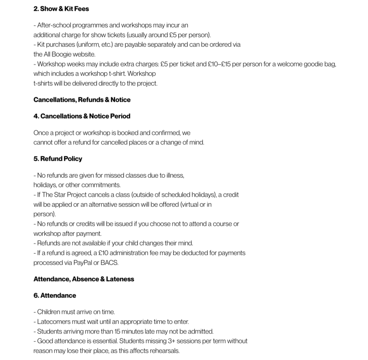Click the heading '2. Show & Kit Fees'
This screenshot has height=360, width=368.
tap(61, 9)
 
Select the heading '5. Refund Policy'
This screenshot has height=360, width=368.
tap(57, 159)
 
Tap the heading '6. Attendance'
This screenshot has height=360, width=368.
tap(55, 295)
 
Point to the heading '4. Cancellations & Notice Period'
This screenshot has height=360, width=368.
tap(82, 116)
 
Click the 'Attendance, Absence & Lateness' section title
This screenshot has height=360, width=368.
tap(84, 279)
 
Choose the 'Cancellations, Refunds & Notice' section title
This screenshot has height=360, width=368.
tap(82, 100)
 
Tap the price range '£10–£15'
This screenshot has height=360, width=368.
tap(219, 64)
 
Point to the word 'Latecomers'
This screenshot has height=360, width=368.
tap(53, 322)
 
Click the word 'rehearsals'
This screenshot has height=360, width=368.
tap(163, 351)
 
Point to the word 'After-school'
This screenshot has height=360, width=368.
tap(54, 26)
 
